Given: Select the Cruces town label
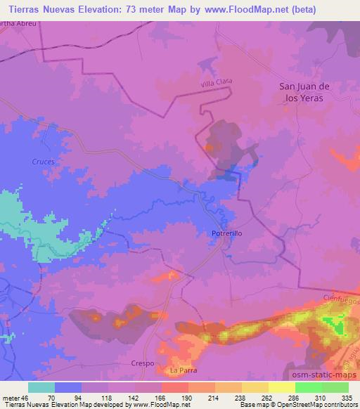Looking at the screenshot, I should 43,161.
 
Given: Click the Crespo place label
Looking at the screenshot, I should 142,363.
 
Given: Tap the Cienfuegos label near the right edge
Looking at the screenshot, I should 343,299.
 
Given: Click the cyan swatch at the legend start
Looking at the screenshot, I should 41,387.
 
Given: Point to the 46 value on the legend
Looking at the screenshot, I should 25,397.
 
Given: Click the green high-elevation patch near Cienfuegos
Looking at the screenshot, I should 336,325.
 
